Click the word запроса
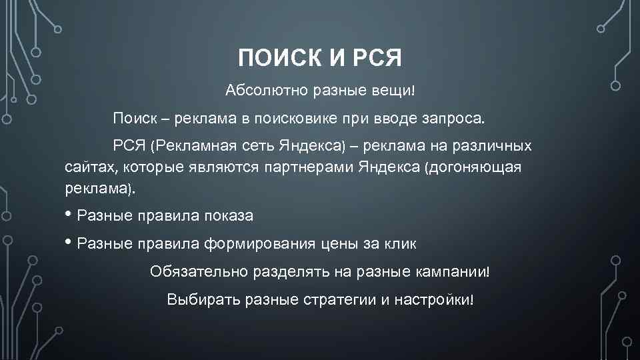click(x=461, y=119)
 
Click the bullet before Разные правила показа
click(x=69, y=215)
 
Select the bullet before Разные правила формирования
click(x=69, y=243)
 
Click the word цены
click(x=343, y=244)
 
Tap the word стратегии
click(x=333, y=299)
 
